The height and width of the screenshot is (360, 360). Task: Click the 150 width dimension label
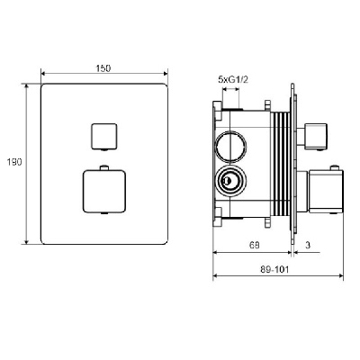point(103,68)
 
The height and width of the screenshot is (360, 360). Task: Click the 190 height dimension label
point(14,162)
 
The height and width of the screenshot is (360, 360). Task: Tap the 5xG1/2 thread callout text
point(233,79)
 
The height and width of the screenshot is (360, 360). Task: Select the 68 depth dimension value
point(254,245)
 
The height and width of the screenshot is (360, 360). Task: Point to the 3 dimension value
point(308,245)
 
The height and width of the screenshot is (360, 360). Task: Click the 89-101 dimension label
point(274,270)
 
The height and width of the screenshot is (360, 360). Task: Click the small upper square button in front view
point(103,136)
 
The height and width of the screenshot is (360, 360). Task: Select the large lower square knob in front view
point(103,192)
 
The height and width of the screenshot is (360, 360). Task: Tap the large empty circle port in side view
point(230,147)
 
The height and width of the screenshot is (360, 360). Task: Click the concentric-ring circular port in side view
point(230,181)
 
